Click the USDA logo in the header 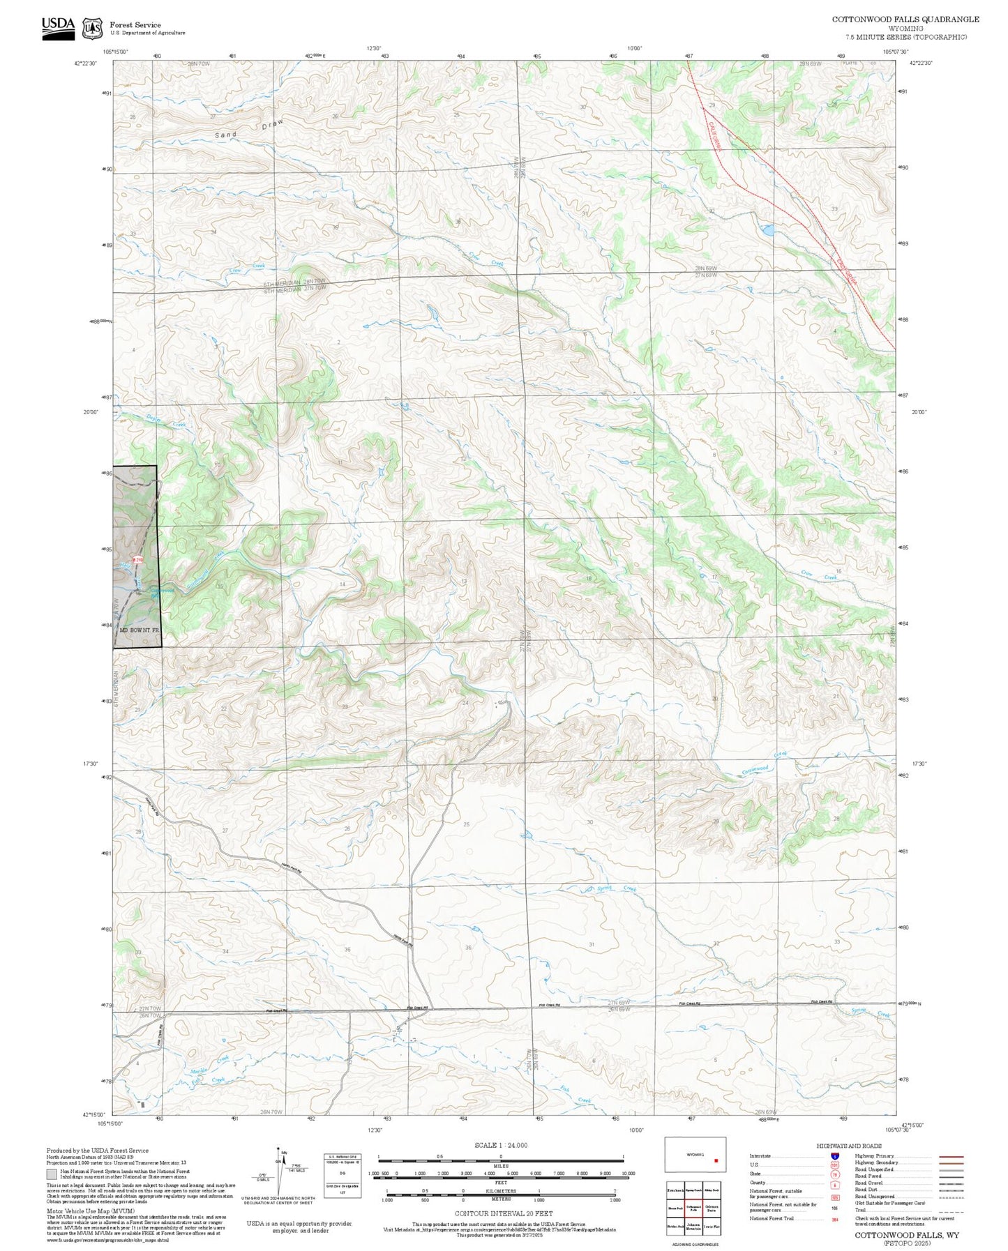[58, 28]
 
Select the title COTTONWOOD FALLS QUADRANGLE [905, 20]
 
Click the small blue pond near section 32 [766, 229]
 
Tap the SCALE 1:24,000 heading [500, 1145]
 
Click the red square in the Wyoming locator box [716, 1162]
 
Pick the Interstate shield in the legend [825, 1156]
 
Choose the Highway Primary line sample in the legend [951, 1156]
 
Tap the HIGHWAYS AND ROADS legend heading [849, 1146]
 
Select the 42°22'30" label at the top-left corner [85, 63]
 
